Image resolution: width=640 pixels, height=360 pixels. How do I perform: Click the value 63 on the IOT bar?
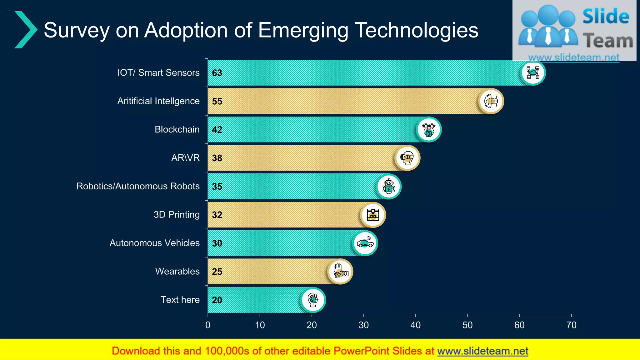tap(217, 73)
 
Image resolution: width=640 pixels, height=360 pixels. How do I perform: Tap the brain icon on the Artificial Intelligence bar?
tap(491, 101)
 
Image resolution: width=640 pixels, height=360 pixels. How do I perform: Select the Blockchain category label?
tap(177, 129)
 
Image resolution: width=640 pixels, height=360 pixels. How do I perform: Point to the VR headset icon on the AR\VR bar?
tap(407, 158)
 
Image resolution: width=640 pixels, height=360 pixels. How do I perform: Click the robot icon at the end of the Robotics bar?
tap(388, 186)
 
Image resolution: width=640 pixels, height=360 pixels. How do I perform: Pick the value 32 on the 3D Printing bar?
tap(217, 215)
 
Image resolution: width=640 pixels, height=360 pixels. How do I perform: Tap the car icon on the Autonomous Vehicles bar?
tap(365, 243)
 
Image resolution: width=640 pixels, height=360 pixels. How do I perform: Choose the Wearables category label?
tap(177, 271)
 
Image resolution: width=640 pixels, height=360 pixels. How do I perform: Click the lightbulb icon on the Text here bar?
tap(313, 300)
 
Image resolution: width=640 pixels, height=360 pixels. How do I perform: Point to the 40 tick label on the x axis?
tap(415, 325)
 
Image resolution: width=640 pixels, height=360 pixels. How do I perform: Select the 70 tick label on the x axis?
tap(571, 325)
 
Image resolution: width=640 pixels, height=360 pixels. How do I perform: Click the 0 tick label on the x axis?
tap(208, 325)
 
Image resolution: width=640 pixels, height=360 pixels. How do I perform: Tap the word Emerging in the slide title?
tap(303, 31)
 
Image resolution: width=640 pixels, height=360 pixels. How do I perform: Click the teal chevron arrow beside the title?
tap(26, 30)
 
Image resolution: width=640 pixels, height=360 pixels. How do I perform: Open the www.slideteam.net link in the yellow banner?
tap(482, 351)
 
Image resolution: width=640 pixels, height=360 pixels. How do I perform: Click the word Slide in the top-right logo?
tap(606, 16)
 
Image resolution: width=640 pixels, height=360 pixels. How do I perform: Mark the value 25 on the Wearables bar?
tap(217, 272)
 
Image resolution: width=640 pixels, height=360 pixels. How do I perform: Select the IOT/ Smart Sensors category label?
tap(158, 72)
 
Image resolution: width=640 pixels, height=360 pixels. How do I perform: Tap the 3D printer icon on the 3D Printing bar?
tap(373, 215)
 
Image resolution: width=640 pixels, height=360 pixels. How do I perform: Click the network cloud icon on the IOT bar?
tap(533, 72)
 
